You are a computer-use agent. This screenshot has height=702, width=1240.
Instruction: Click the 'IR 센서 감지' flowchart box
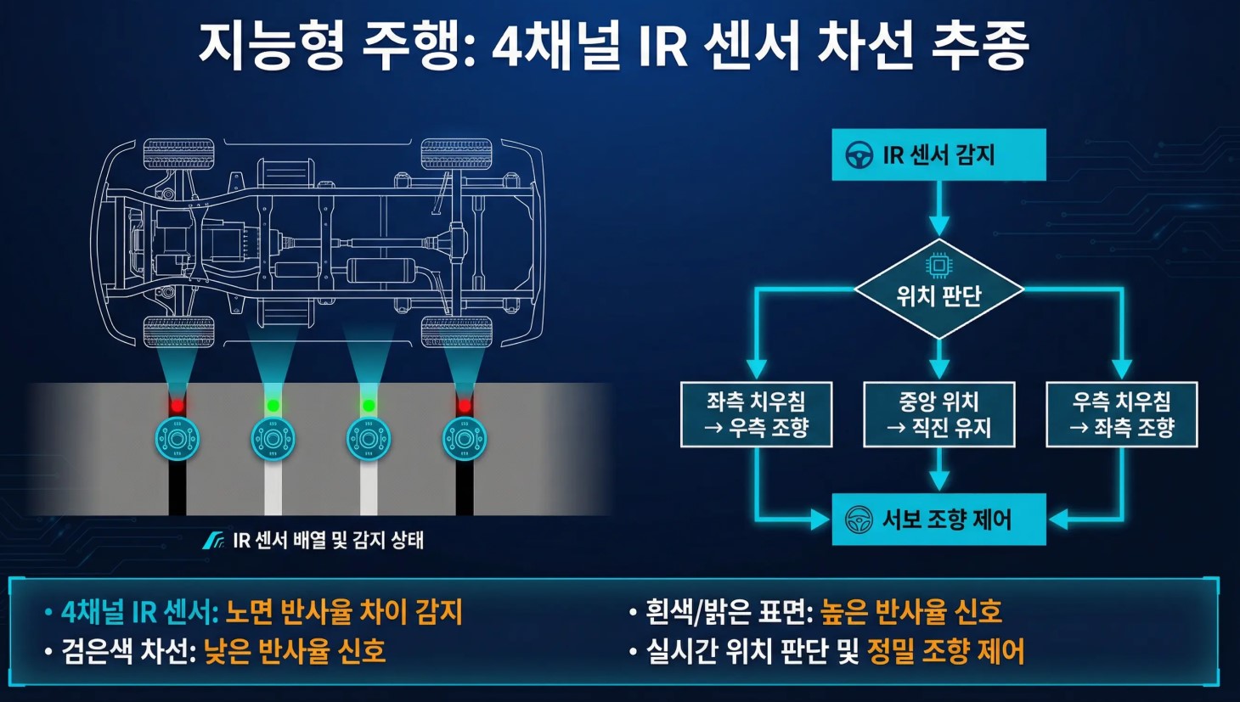click(x=938, y=154)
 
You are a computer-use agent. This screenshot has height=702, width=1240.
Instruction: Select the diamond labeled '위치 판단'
click(x=938, y=290)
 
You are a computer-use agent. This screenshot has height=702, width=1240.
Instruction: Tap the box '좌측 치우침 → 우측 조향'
click(x=756, y=414)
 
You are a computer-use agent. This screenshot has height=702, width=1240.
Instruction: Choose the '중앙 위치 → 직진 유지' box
click(x=938, y=414)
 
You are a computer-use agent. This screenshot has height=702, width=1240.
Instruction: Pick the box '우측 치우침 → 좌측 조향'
click(x=1121, y=414)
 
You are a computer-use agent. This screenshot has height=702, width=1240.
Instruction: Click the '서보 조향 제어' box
click(x=938, y=519)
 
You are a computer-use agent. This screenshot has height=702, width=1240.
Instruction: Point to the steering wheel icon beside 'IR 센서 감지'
click(x=860, y=155)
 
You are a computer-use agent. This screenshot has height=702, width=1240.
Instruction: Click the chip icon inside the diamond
click(x=938, y=266)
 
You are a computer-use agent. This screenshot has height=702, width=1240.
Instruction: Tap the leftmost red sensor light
click(x=177, y=406)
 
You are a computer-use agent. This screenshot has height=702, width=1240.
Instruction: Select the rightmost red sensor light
click(x=464, y=406)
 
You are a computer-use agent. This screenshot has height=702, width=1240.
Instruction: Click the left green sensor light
click(x=273, y=406)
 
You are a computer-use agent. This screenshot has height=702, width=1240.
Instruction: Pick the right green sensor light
click(x=369, y=406)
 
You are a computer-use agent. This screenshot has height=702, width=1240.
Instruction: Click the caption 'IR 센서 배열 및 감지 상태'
click(x=327, y=540)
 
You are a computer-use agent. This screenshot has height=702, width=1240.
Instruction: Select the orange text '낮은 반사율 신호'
click(x=295, y=651)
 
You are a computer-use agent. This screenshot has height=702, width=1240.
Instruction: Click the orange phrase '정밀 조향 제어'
click(x=945, y=651)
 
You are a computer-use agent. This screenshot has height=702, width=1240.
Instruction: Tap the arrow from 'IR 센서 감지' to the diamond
click(x=938, y=208)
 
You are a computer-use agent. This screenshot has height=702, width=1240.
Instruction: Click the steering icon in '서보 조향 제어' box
click(x=859, y=519)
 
